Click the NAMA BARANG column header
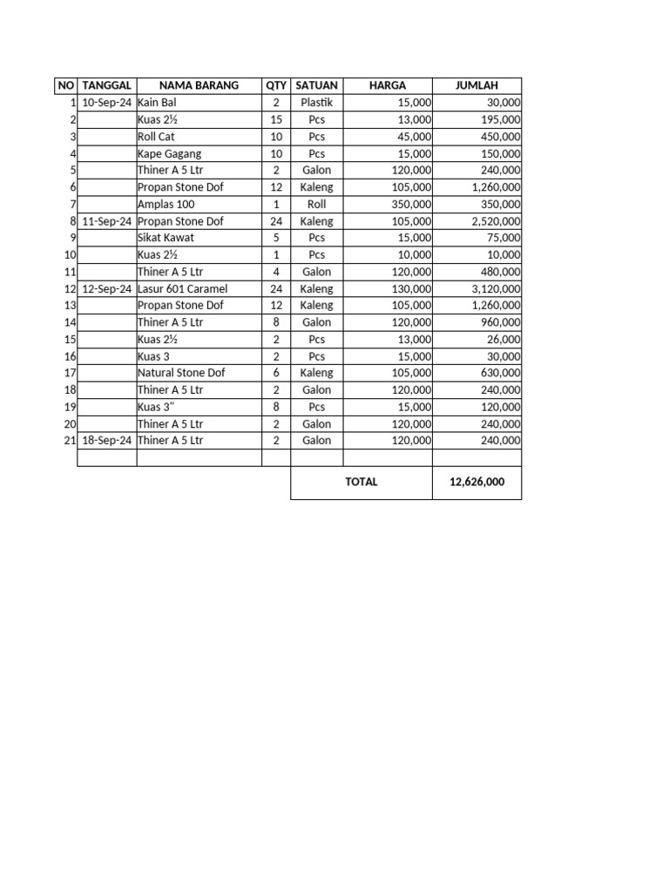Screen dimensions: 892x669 (x=199, y=85)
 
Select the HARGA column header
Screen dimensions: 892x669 (x=388, y=85)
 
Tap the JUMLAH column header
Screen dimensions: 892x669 (x=476, y=85)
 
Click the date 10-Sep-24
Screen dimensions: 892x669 (x=107, y=103)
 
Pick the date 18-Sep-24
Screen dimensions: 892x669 (x=107, y=441)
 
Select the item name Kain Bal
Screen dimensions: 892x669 (x=157, y=103)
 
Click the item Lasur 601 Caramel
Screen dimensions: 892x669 (x=182, y=289)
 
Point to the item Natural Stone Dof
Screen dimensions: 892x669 (x=181, y=373)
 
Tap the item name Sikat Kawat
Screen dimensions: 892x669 (x=166, y=238)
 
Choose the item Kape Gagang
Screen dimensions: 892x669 (x=169, y=154)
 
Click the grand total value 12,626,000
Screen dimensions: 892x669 (x=476, y=482)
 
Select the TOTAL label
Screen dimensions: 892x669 (x=362, y=482)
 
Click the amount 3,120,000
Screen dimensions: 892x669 (x=497, y=289)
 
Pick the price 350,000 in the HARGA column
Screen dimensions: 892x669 (x=411, y=205)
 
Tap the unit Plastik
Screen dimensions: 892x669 (x=317, y=103)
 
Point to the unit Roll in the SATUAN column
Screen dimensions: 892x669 (x=317, y=205)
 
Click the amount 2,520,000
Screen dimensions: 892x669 (x=497, y=221)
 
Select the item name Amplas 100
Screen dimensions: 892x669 (x=166, y=205)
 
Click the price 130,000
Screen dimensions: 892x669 (x=411, y=289)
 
